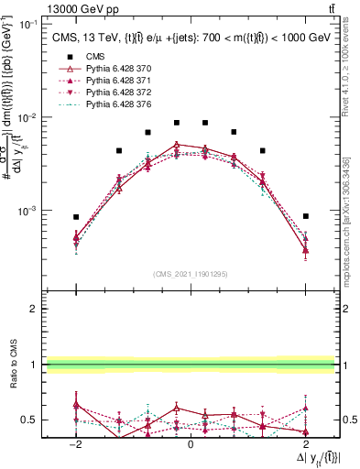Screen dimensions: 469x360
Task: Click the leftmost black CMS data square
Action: point(76,217)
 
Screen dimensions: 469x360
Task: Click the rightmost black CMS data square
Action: point(306,216)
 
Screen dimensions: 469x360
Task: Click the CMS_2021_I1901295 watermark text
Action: point(191,273)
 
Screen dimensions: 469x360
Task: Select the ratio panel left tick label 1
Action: point(37,365)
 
